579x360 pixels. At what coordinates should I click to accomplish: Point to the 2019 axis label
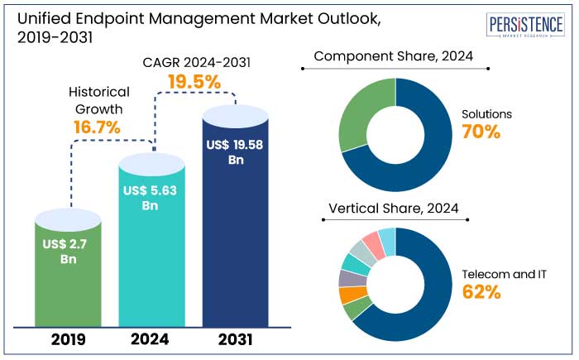69,339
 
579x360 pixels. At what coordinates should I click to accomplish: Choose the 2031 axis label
235,339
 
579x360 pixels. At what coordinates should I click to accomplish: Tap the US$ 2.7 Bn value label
69,251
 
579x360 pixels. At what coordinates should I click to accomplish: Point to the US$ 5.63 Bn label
150,198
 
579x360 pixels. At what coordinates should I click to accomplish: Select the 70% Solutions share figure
481,132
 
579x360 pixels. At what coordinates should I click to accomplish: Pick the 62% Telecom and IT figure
482,291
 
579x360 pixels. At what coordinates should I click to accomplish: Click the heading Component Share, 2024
395,57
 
